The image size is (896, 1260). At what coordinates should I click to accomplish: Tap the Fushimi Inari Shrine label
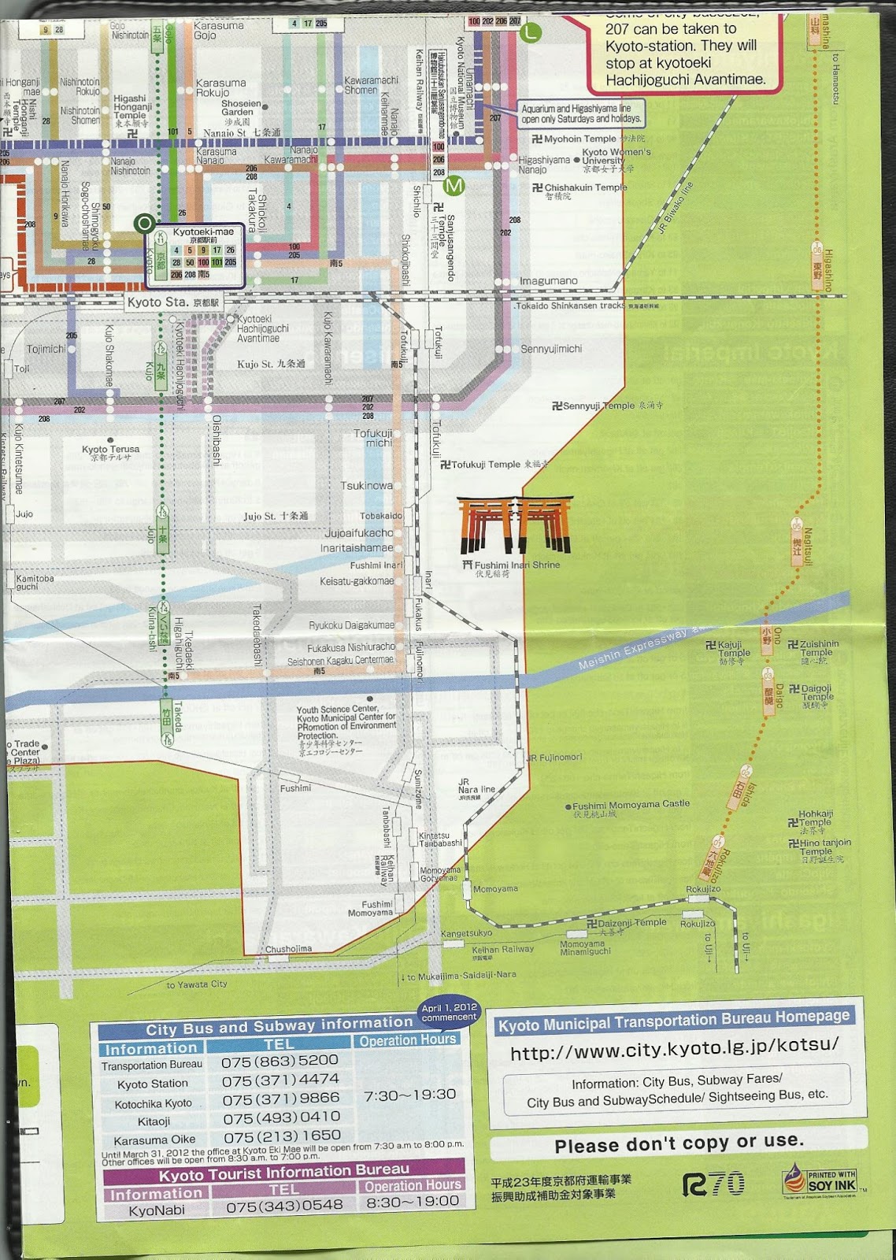tap(513, 565)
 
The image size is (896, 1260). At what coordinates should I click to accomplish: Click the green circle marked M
tap(454, 186)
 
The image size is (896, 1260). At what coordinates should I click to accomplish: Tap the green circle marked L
tap(532, 31)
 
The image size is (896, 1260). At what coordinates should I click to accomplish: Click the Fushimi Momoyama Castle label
tap(630, 805)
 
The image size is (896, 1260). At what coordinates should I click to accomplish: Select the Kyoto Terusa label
tap(110, 450)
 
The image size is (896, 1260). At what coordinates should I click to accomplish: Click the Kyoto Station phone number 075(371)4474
tap(280, 1080)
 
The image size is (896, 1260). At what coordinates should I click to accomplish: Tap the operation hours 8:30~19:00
tap(412, 1202)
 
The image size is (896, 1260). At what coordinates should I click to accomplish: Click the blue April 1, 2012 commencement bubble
tap(449, 1013)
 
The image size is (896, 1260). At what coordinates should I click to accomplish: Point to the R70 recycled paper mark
tap(713, 1184)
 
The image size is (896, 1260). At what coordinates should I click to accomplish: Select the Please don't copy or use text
tap(679, 1143)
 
